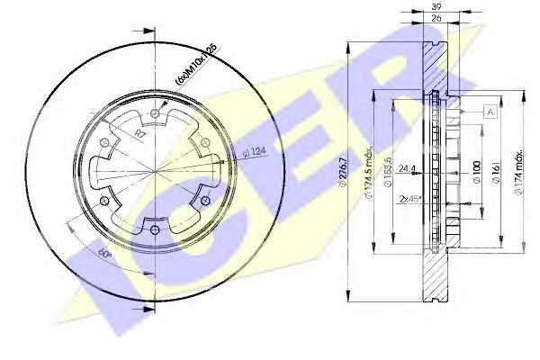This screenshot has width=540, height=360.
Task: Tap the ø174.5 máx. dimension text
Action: pyautogui.click(x=368, y=180)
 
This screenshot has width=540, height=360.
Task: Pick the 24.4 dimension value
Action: pyautogui.click(x=407, y=166)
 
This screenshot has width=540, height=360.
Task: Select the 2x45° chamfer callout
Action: pyautogui.click(x=412, y=200)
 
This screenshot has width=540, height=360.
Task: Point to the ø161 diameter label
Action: pyautogui.click(x=497, y=171)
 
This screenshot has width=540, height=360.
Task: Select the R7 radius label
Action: pyautogui.click(x=140, y=133)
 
